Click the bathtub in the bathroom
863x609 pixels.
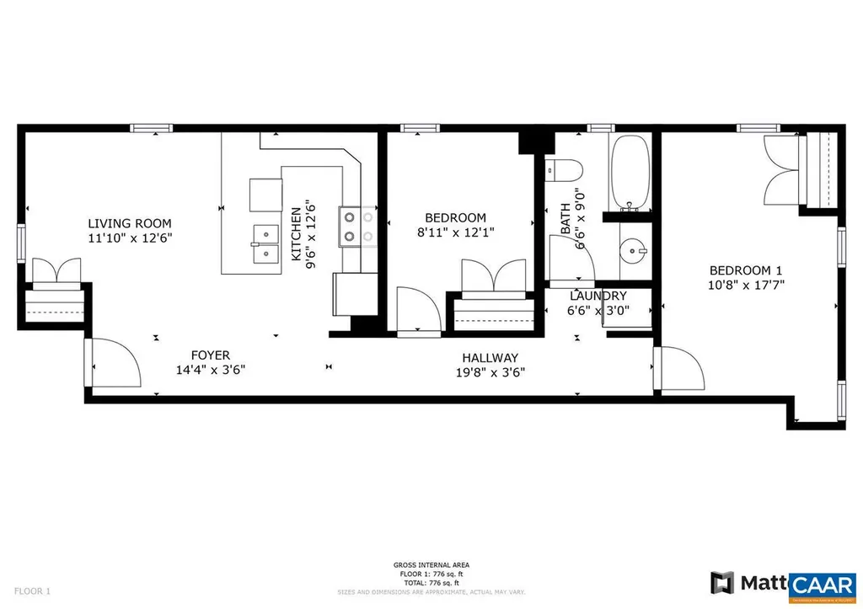tap(629, 174)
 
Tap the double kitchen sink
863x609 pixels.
tap(265, 243)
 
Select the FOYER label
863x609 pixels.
tap(209, 355)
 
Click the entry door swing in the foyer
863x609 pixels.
tap(114, 364)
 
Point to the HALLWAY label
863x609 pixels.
tap(489, 358)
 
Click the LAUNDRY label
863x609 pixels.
tap(598, 296)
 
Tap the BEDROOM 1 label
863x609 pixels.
tap(745, 270)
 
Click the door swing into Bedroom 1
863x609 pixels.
tap(679, 368)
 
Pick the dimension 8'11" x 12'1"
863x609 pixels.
tap(456, 232)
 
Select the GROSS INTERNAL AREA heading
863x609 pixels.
tap(431, 564)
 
